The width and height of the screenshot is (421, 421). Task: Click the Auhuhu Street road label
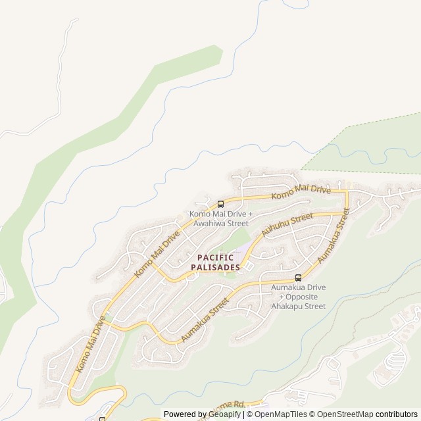(287, 225)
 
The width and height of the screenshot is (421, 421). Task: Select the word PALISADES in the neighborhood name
(215, 267)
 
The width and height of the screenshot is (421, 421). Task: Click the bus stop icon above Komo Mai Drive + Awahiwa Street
(220, 204)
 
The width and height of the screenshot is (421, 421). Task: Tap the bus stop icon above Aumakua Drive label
(298, 278)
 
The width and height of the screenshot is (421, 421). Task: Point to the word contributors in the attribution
(397, 414)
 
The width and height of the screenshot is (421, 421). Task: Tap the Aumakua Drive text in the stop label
(298, 287)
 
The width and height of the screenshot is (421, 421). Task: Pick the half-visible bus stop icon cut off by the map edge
(102, 418)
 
